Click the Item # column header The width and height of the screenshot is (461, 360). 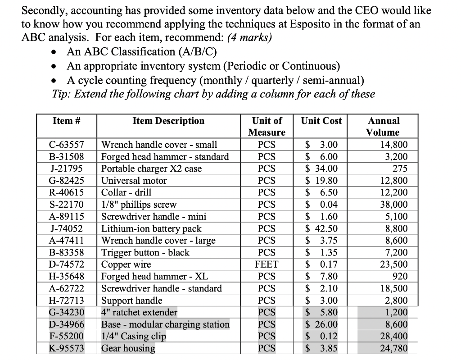coord(66,121)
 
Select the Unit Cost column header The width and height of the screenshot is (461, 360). coord(321,121)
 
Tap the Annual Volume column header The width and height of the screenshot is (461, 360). coord(383,127)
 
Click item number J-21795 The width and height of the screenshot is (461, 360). coord(66,169)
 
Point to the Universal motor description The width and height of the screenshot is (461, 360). coord(134,181)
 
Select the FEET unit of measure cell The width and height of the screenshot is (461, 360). coord(267,264)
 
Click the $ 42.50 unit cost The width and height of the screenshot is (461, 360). coord(321,228)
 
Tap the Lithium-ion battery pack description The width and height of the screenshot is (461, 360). coord(151,228)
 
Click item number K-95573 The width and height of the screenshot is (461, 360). coord(66,348)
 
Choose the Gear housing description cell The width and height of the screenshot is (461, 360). coord(128,348)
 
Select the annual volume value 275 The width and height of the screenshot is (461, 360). coord(399,169)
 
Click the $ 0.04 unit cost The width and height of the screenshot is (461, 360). coord(321,205)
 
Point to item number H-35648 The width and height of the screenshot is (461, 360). coord(66,276)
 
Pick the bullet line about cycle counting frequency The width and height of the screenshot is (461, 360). coord(215,80)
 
